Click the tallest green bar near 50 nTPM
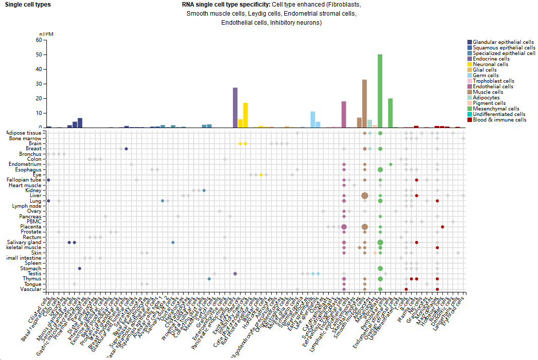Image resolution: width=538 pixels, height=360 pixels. point(380,91)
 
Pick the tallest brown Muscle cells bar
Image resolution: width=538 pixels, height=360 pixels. point(364,103)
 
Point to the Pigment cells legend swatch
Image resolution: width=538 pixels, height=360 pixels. point(469,103)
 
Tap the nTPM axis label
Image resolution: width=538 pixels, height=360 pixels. point(46,34)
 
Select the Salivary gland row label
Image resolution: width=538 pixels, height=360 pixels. point(25,243)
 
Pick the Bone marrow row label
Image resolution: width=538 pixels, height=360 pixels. point(25,138)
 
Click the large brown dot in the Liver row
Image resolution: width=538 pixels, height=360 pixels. point(365,196)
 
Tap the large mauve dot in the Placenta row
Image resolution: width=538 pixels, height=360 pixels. point(344,227)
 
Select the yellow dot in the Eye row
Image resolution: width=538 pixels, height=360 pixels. point(261,174)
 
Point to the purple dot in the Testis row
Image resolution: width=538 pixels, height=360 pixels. point(235,274)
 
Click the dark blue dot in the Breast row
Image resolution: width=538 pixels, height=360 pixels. point(126,149)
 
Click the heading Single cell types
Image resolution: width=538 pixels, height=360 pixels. point(28,5)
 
